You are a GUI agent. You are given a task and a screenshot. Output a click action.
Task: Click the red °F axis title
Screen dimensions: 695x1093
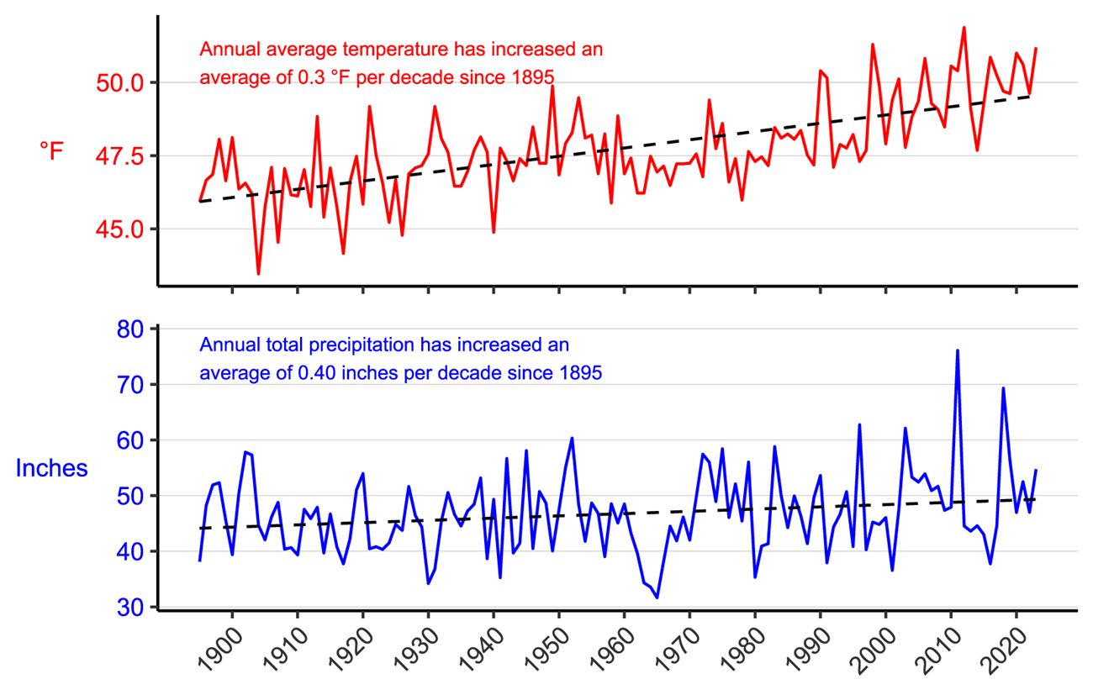51,151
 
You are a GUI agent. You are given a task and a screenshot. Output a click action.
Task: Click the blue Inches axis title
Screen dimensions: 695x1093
52,468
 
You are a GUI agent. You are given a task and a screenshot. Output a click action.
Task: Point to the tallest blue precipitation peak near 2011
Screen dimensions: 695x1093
958,350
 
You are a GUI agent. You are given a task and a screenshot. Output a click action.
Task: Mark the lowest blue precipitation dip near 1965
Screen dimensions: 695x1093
657,597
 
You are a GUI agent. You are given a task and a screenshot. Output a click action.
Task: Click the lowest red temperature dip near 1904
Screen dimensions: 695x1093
258,273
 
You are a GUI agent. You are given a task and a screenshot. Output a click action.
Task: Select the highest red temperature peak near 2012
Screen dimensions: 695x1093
964,28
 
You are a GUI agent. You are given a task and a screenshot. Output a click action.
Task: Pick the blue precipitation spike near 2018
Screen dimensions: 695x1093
1003,388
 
